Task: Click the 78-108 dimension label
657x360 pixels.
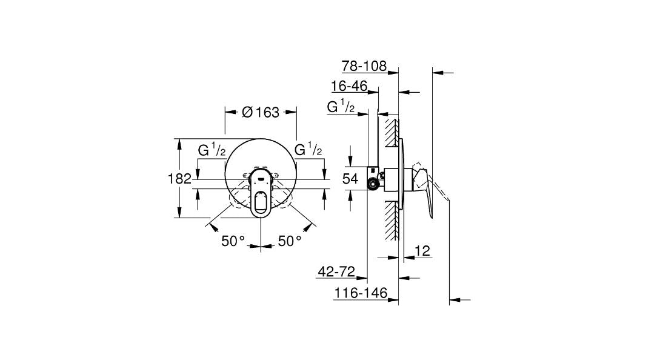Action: coord(364,65)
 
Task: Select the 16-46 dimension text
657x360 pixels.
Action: coord(349,86)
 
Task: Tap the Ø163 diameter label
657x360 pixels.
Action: coord(260,112)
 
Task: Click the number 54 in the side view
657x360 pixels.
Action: coord(351,178)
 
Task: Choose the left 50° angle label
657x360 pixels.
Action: coord(233,241)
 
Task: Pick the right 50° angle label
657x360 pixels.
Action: coord(290,241)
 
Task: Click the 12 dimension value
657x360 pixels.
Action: coord(423,250)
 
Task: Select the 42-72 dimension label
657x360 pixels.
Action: coord(336,272)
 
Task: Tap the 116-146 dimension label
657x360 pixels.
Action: coord(361,293)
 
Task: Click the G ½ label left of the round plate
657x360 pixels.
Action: coord(212,150)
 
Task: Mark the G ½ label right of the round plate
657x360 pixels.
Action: coord(308,150)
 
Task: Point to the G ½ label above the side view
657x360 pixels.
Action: coord(341,107)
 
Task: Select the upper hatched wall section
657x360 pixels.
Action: coord(392,131)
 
